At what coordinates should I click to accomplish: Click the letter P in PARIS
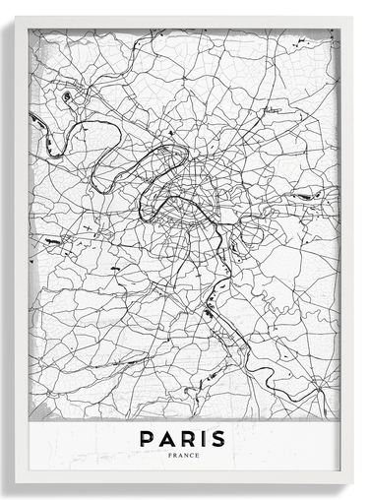click(147, 437)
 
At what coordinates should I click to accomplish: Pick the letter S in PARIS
click(217, 437)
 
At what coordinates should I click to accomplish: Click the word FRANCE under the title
click(183, 455)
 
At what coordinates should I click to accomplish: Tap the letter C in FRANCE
click(190, 455)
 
